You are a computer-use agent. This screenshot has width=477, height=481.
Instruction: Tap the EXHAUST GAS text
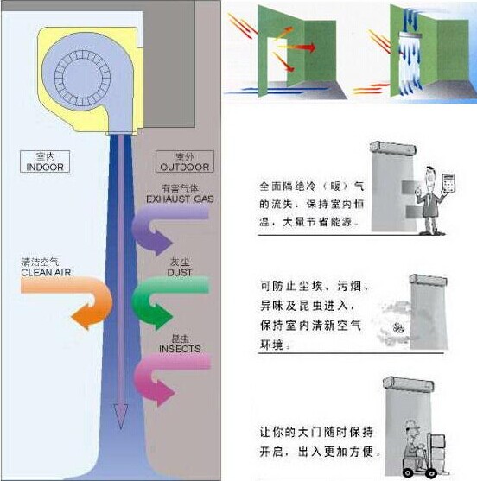(x=180, y=199)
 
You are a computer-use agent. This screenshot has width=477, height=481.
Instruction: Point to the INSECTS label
(x=180, y=349)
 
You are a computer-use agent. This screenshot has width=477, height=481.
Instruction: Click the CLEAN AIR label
(x=43, y=271)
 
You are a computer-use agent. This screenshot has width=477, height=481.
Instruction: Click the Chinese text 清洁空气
(x=43, y=261)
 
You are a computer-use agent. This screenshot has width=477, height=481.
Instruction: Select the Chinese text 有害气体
(x=180, y=188)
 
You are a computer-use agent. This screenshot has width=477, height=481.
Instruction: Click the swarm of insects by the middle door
(x=399, y=328)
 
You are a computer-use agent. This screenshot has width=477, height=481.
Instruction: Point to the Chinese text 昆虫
(x=180, y=339)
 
